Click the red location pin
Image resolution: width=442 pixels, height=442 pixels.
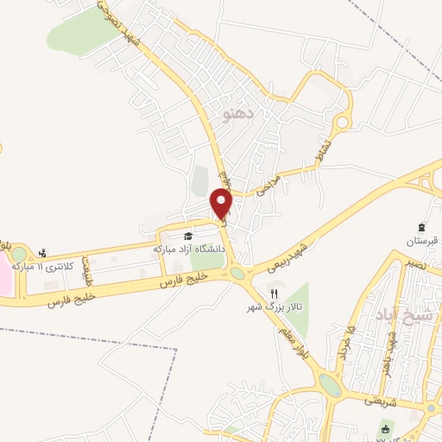tap(223, 204)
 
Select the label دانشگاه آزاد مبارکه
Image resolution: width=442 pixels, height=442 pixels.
tap(189, 248)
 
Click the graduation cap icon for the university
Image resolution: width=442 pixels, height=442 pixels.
tap(187, 235)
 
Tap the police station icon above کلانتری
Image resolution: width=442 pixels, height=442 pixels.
tap(42, 253)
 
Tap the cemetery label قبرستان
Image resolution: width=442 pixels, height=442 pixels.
tap(423, 238)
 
